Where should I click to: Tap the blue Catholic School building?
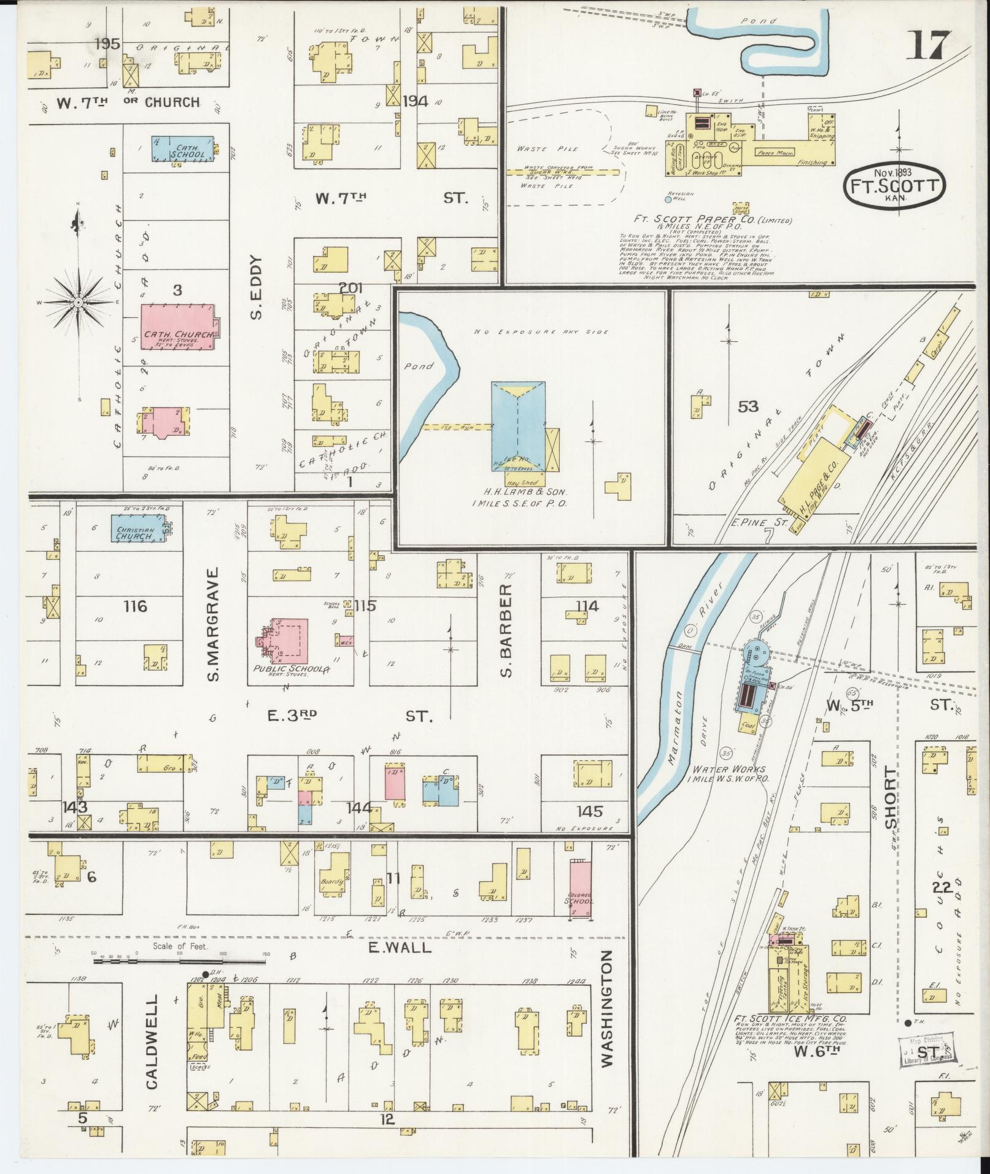(x=183, y=149)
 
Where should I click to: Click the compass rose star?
(x=79, y=303)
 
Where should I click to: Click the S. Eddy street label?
(x=256, y=287)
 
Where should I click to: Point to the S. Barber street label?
(x=506, y=631)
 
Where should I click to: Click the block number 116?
(x=135, y=606)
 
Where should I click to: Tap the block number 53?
(x=748, y=406)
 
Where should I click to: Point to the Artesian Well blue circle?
(x=668, y=199)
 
